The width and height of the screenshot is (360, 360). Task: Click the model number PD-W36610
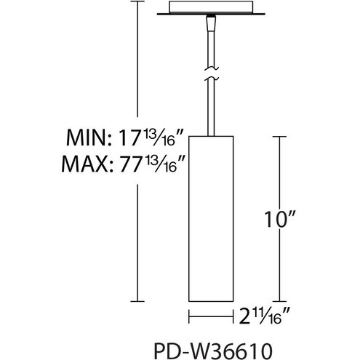coord(213,351)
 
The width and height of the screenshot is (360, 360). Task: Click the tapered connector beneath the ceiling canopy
coord(210,23)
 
